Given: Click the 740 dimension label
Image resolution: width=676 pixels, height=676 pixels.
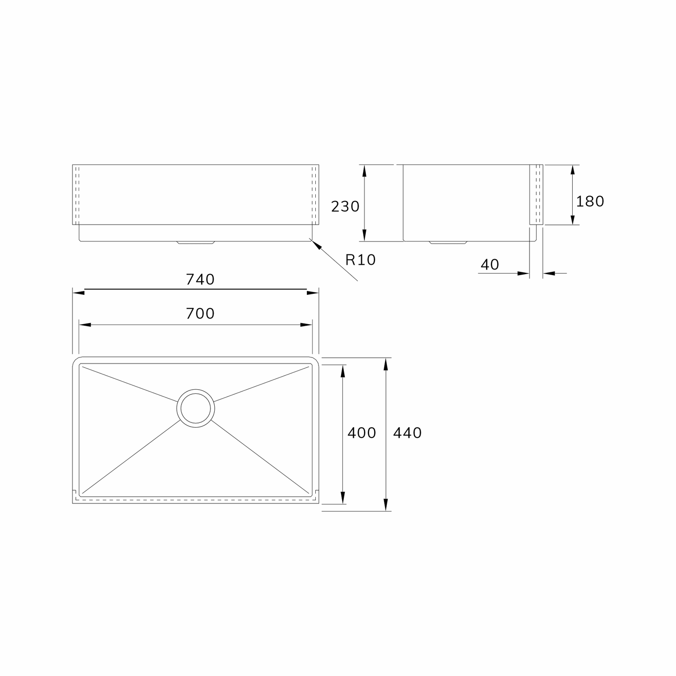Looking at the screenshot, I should [200, 279].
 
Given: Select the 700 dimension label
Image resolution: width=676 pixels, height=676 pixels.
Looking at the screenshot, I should [200, 313].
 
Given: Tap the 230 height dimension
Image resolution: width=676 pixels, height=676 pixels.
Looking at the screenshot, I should [345, 206].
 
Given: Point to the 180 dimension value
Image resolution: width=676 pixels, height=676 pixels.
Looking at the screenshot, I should [590, 202].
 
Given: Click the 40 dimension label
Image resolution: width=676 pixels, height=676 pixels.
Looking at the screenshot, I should [490, 265].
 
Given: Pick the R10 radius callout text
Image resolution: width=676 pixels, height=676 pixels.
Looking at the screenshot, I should [360, 260].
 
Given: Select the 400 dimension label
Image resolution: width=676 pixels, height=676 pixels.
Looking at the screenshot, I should [362, 433].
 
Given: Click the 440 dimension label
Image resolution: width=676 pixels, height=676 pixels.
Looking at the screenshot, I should [407, 433].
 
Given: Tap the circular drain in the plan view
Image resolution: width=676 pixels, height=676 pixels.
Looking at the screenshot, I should [196, 408].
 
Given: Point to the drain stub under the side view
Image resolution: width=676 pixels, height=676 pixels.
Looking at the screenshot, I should [448, 243].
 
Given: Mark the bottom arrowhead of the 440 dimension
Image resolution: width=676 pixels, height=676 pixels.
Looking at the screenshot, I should [386, 505].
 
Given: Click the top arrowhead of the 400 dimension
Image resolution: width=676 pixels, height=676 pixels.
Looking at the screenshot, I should [343, 371].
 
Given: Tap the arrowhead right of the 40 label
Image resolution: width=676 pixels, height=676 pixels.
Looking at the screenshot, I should [523, 273].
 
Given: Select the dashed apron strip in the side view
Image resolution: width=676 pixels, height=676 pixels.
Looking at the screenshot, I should [536, 195].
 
